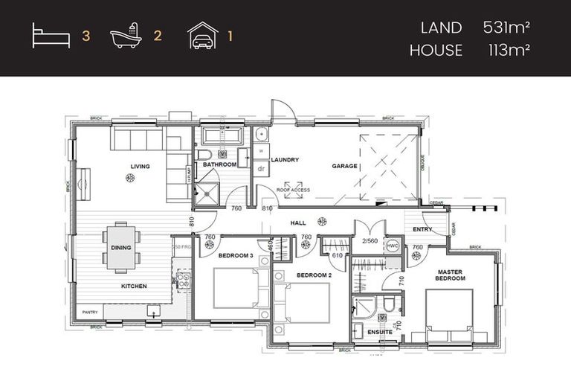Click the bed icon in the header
tap(51, 36)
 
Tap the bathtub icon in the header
tap(126, 36)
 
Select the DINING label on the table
tap(120, 248)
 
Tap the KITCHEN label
tap(134, 286)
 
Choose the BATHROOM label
tap(219, 164)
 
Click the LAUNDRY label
tap(285, 159)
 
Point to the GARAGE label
tap(344, 166)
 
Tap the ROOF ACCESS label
tap(293, 190)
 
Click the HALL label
tap(299, 222)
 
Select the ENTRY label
tap(423, 229)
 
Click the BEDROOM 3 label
tap(235, 255)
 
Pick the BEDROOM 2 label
tap(314, 275)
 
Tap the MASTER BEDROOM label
tap(451, 275)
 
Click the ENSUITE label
tap(380, 331)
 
